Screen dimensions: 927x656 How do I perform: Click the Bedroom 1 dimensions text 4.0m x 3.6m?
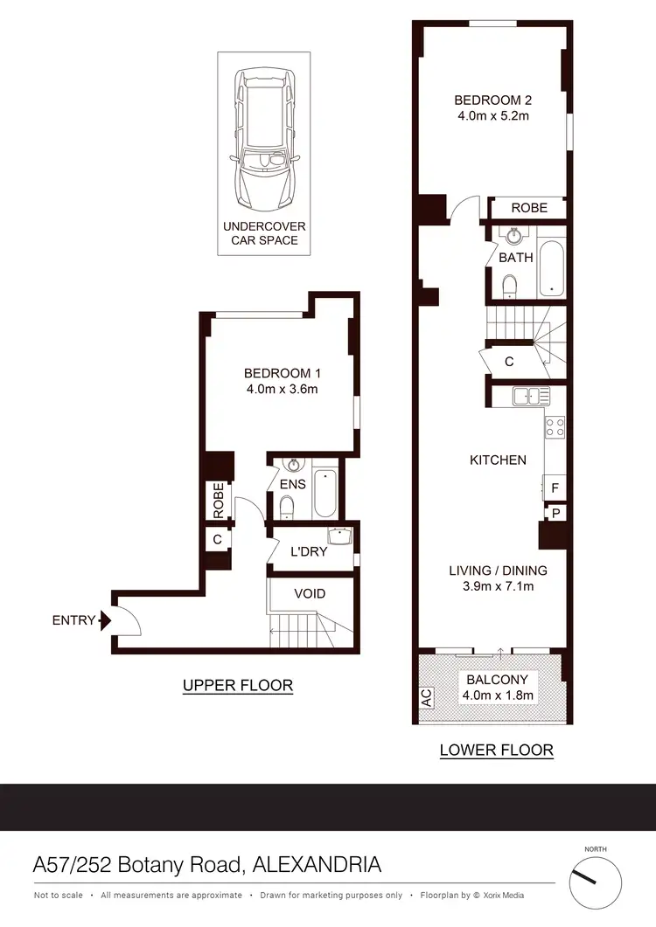pos(281,389)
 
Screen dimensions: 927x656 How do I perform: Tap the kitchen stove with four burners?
pos(555,427)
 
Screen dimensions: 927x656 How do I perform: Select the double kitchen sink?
pos(532,396)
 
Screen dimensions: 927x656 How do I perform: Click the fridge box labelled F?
pos(555,488)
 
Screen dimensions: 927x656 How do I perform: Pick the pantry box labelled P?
pos(555,512)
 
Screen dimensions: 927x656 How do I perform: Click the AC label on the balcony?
pos(426,698)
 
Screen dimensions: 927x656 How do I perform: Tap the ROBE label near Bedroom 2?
pos(529,208)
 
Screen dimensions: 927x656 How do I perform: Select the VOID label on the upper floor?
pos(310,593)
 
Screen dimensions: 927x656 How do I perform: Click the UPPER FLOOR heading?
pos(237,686)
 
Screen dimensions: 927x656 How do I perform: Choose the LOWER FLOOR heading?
pos(496,750)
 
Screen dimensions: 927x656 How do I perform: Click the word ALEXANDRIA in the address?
pos(317,865)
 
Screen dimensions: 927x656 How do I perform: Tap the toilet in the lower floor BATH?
pos(510,284)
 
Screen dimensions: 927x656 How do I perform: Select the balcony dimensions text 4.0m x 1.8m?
pos(498,695)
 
